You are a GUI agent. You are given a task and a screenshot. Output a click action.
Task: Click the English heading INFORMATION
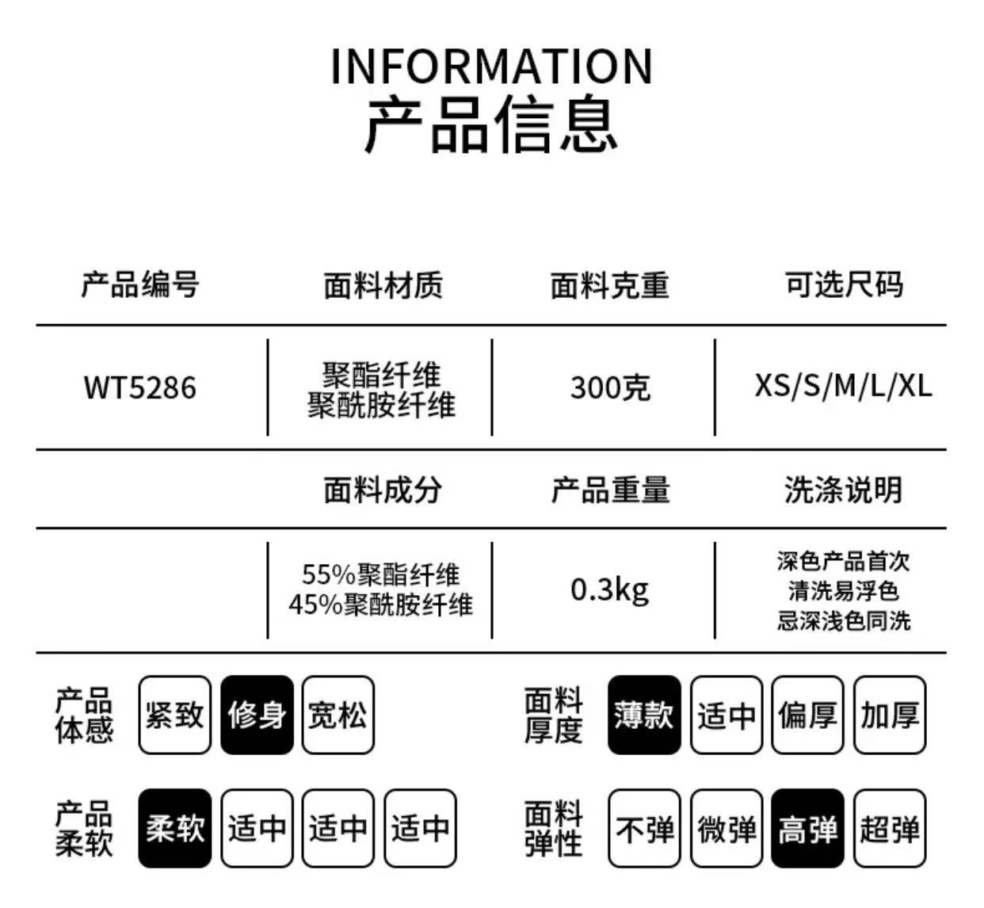coord(491,67)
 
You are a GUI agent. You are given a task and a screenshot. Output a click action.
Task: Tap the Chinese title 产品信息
coord(491,124)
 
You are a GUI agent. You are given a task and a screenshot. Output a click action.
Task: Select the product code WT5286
coord(139,388)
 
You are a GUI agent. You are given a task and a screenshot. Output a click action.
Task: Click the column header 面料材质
coord(383,286)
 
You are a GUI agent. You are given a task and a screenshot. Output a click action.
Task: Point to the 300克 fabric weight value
coord(610,388)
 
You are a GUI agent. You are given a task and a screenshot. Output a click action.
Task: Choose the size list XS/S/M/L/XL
coord(843,386)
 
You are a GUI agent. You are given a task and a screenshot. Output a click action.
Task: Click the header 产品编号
coord(139,284)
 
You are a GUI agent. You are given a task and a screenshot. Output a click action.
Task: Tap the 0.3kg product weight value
coord(609,589)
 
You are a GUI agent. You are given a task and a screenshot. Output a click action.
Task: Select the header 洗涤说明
coord(843,490)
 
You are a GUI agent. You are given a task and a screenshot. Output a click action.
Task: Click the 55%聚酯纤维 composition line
coord(380,574)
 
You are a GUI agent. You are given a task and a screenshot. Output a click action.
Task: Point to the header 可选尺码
coord(843,284)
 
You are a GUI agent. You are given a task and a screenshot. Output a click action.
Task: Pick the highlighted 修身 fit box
coord(257,715)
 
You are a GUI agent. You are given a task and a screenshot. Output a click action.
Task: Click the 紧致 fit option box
coord(174,715)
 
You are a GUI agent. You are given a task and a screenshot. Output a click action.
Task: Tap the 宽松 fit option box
coord(338,715)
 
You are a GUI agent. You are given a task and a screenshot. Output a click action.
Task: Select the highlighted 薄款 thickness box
coord(644,715)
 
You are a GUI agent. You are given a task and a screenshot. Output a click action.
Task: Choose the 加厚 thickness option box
coord(890,715)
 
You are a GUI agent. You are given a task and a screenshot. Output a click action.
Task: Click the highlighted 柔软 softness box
coord(174,829)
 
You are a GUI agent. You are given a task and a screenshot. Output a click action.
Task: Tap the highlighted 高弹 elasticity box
coord(807,829)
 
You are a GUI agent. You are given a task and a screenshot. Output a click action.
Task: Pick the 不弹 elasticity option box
coord(644,829)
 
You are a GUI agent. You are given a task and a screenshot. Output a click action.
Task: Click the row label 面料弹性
coord(553,829)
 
